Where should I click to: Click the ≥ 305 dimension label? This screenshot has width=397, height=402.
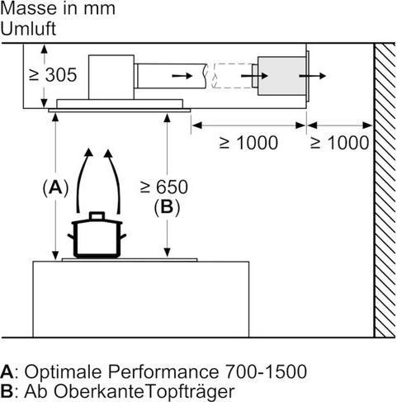point(53,75)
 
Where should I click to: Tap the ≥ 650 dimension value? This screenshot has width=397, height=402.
point(164,187)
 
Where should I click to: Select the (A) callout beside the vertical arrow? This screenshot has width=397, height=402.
point(55,188)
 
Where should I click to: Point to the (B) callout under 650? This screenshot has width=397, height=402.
point(167,207)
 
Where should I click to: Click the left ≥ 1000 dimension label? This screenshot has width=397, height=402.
point(248,143)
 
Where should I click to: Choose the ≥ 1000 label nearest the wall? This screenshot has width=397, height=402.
point(340,143)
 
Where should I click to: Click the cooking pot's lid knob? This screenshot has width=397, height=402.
point(97,215)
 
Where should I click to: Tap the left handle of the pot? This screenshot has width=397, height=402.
point(71,236)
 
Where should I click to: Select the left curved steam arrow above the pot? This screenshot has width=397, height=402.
point(83,180)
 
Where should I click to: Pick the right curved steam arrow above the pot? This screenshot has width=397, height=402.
point(115,180)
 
